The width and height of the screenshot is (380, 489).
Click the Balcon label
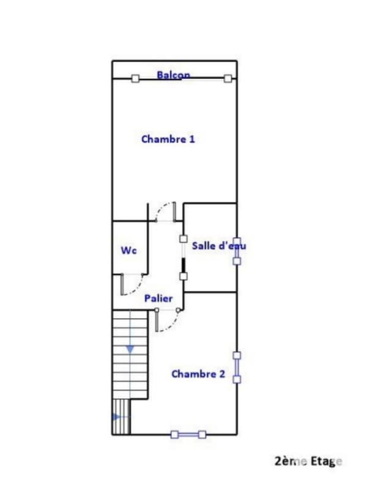pyautogui.click(x=173, y=75)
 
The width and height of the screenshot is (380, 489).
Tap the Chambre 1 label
pyautogui.click(x=168, y=139)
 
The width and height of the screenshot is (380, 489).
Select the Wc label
pyautogui.click(x=129, y=250)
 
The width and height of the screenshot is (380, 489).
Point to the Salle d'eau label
pyautogui.click(x=219, y=246)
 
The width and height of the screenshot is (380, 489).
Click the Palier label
pyautogui.click(x=158, y=298)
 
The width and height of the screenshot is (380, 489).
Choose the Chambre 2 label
pyautogui.click(x=198, y=373)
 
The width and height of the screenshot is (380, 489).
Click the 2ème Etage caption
pyautogui.click(x=308, y=461)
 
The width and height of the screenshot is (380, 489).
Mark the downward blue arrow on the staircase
pyautogui.click(x=130, y=349)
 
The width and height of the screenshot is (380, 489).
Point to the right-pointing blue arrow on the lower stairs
pyautogui.click(x=116, y=417)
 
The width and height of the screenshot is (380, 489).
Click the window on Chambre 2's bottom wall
pyautogui.click(x=188, y=435)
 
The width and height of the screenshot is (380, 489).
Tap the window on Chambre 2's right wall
pyautogui.click(x=237, y=367)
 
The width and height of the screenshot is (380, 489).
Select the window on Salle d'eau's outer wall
pyautogui.click(x=237, y=251)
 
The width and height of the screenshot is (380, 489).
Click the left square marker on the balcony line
pyautogui.click(x=135, y=78)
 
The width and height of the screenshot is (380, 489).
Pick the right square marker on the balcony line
pyautogui.click(x=228, y=78)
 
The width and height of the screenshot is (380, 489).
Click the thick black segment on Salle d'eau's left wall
pyautogui.click(x=184, y=265)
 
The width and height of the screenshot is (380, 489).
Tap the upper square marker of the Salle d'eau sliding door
pyautogui.click(x=184, y=239)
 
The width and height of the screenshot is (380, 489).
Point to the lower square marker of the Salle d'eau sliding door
pyautogui.click(x=184, y=276)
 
